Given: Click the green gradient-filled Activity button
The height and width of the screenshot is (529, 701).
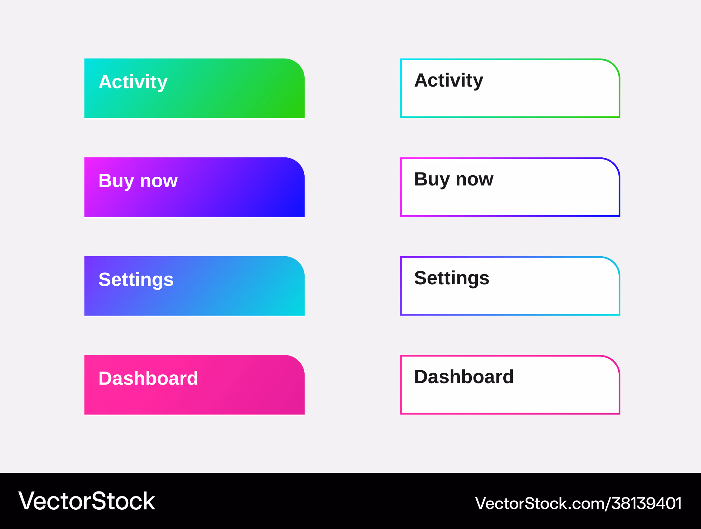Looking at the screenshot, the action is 195,88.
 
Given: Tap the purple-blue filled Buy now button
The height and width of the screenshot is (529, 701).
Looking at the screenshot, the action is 195,187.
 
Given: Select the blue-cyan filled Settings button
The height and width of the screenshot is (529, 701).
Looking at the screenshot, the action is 195,286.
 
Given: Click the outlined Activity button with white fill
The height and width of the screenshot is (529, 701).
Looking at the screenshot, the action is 510,88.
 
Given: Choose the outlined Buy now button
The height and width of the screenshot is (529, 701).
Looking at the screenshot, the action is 510,187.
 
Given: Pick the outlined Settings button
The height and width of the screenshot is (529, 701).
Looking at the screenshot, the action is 510,286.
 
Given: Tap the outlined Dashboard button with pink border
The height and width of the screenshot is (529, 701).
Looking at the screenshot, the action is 510,385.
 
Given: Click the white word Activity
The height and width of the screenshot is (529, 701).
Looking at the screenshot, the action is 133,83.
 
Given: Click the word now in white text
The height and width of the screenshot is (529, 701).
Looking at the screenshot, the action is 159,182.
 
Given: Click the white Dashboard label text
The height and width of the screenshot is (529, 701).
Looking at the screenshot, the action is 148,379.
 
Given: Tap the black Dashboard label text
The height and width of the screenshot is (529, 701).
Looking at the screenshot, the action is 464,377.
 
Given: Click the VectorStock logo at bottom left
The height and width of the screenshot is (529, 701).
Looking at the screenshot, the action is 87,501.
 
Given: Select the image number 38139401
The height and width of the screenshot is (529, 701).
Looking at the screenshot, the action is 647,503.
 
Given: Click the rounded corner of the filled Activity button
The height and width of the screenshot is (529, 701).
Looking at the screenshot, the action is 298,65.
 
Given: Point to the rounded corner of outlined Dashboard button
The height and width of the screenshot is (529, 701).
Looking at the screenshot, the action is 613,362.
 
